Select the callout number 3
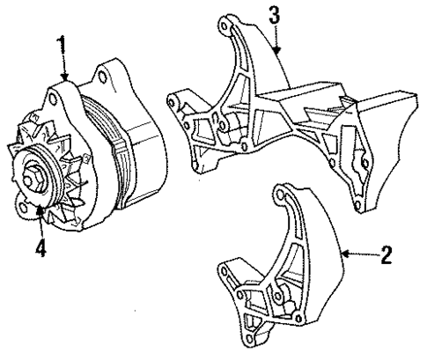coord(275,15)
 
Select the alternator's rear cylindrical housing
coord(141,145)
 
